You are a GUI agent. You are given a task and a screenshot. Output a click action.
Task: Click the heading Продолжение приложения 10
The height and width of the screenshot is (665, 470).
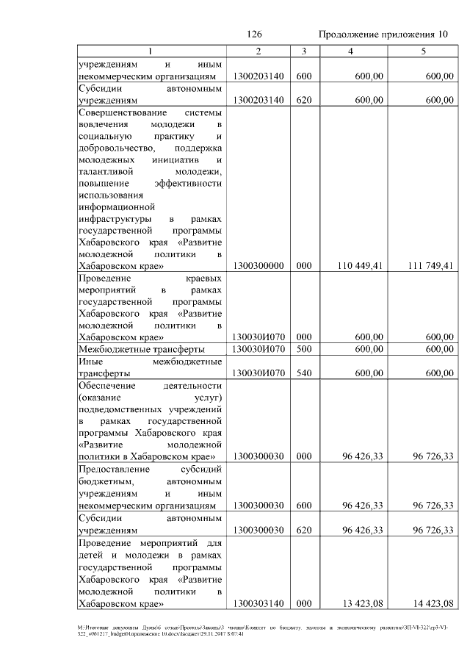[383, 35]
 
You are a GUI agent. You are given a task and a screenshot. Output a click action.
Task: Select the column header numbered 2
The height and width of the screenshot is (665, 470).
[258, 51]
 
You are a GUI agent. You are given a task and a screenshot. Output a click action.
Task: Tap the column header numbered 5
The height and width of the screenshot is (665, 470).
[423, 51]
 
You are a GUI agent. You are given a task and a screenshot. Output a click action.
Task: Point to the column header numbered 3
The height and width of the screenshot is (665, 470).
[303, 51]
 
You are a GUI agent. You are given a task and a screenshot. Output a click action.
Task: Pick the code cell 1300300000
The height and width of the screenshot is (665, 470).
[258, 265]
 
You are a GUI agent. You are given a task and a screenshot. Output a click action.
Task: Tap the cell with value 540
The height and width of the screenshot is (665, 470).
[303, 373]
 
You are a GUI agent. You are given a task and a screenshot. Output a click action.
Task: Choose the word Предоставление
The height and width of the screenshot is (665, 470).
[114, 468]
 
